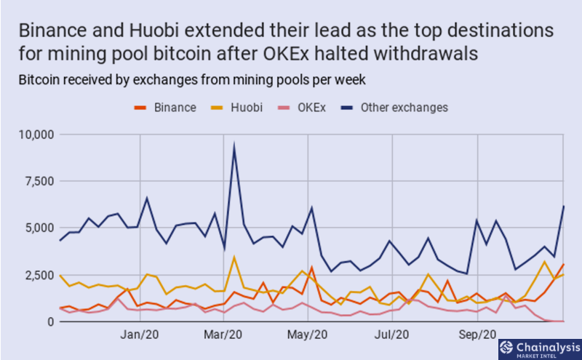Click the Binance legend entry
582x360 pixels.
165,108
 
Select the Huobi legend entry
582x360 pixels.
236,108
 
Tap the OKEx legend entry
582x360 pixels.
302,108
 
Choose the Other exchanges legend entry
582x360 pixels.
394,108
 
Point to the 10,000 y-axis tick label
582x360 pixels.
36,135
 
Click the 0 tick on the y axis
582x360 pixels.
50,321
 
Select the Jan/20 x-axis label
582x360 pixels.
140,335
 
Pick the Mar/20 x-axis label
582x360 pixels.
223,335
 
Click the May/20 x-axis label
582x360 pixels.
307,335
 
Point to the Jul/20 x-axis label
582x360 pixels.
391,335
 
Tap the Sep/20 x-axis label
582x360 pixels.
477,335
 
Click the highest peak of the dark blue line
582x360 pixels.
234,145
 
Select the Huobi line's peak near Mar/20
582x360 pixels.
234,257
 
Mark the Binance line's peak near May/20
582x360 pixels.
312,266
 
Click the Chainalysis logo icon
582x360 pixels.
506,348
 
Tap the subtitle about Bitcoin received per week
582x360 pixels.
192,80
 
